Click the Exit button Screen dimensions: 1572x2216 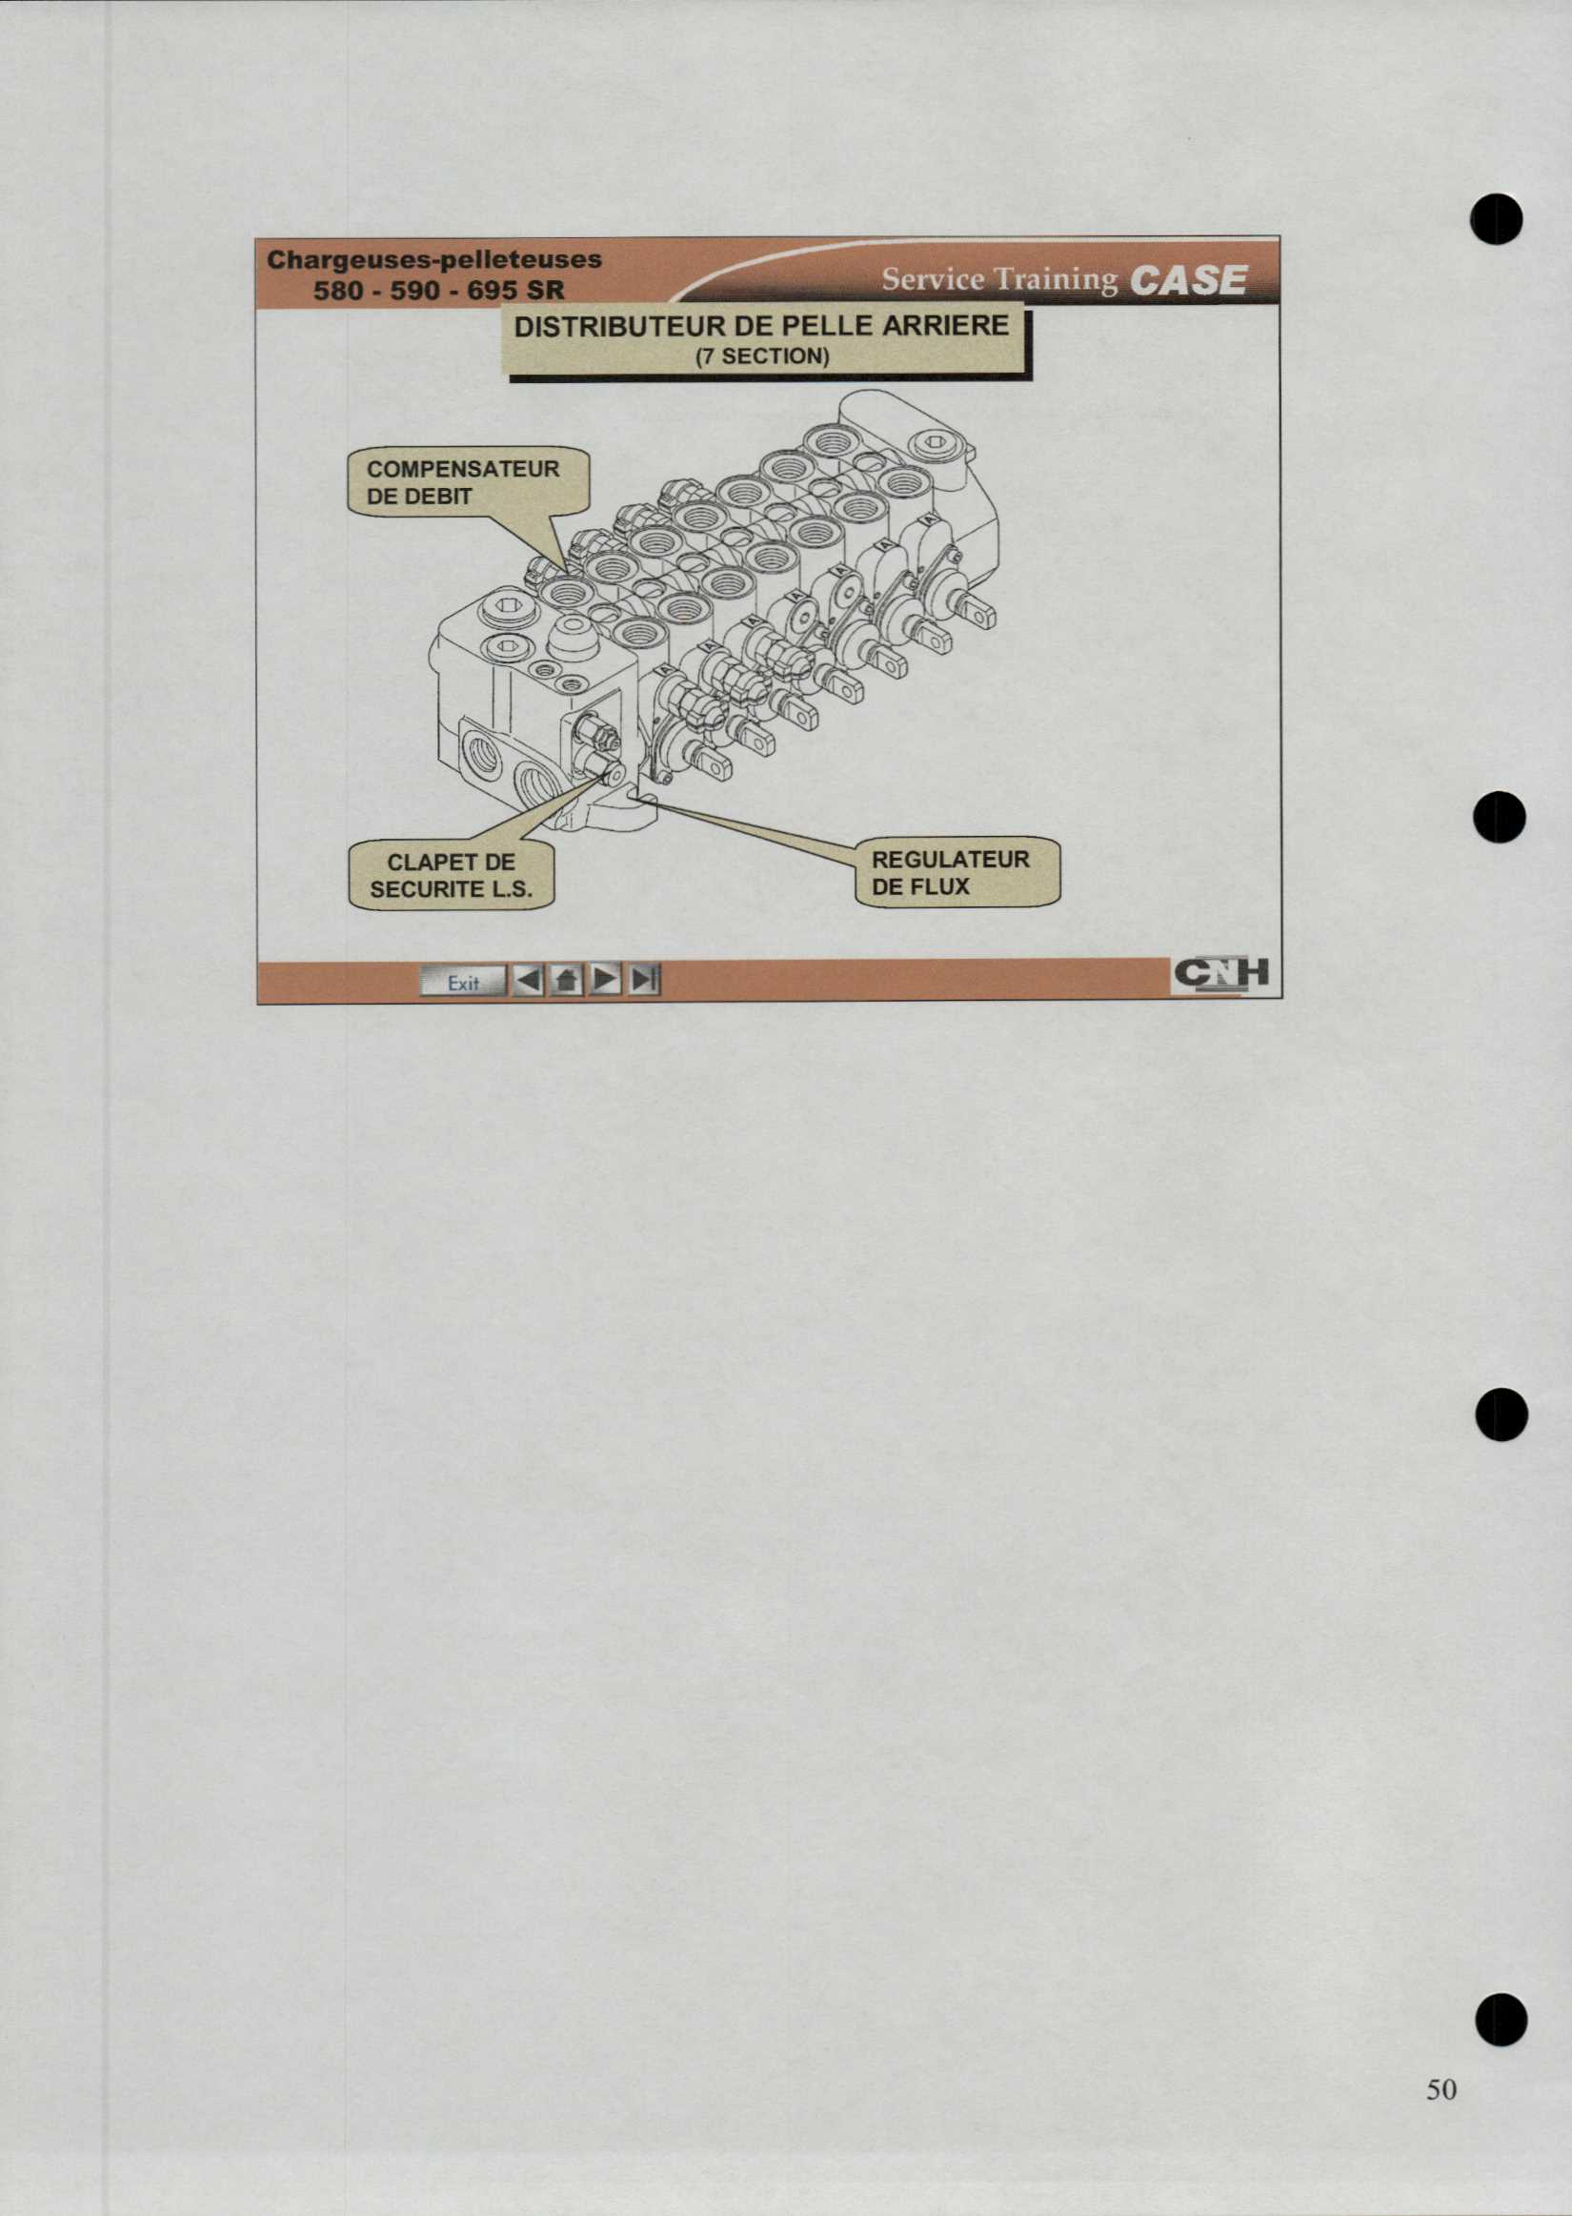coord(464,982)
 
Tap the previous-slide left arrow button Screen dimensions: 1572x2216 coord(528,982)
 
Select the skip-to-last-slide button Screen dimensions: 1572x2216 coord(645,982)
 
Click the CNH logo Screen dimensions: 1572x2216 coord(1220,974)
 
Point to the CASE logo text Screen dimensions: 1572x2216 coord(1188,280)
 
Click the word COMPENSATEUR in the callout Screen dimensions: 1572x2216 coord(463,470)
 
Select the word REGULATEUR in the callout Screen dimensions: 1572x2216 coord(951,860)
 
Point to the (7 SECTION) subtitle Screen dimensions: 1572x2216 coord(763,356)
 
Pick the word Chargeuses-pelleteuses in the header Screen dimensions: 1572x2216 coord(434,259)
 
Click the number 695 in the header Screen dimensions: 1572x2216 coord(493,290)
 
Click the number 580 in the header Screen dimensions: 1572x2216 coord(339,290)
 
